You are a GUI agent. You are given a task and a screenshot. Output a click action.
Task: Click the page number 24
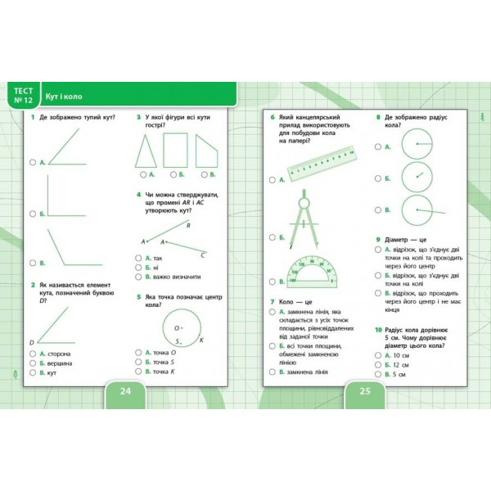(126, 390)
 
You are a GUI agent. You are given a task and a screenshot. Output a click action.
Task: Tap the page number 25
(365, 390)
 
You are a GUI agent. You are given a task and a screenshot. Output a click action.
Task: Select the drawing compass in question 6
(304, 218)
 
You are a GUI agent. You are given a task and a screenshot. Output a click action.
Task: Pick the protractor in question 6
(318, 271)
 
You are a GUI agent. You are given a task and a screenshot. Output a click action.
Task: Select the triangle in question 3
(147, 150)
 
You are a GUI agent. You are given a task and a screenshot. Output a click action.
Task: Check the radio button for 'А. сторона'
(33, 352)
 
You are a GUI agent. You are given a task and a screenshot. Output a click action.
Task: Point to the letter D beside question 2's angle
(31, 342)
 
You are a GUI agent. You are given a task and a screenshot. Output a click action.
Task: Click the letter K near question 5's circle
(200, 340)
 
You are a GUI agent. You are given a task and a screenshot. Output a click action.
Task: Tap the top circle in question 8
(417, 142)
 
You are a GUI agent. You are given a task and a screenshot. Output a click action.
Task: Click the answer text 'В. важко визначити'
(172, 277)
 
